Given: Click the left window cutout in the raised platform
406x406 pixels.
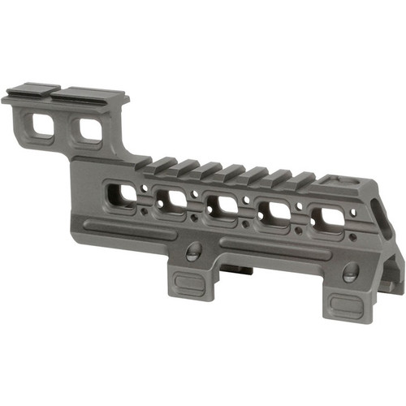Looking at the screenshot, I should pos(38,125).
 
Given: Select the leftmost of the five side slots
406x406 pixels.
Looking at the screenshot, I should pos(123,193).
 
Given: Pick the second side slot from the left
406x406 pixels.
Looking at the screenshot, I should pos(172,200).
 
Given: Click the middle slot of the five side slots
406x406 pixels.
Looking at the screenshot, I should pos(222,205).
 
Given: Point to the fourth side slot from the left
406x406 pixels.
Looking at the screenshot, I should pos(274,211).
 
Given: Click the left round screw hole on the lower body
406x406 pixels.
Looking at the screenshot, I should pos(193,251).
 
